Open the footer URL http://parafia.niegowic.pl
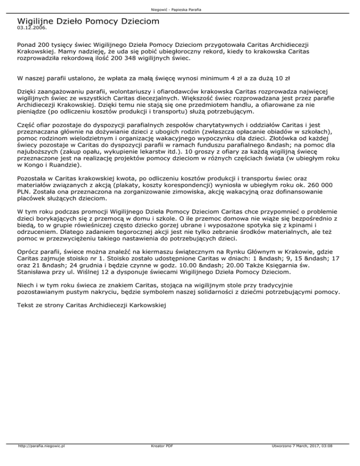tap(40, 459)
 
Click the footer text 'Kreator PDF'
tap(160, 459)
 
